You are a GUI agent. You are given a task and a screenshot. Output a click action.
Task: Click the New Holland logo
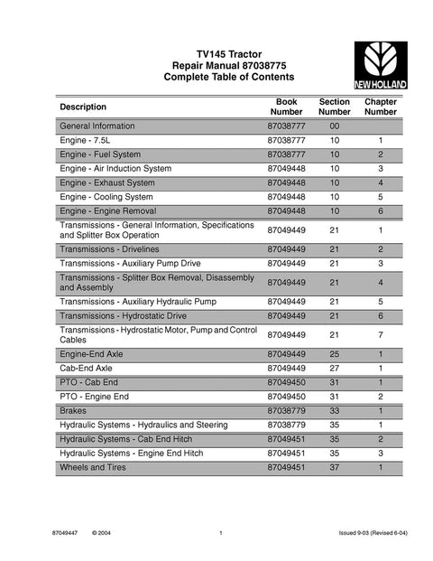point(379,66)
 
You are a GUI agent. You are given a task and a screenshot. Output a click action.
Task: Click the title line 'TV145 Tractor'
point(216,55)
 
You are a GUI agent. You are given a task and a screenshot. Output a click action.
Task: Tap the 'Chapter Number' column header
point(381,107)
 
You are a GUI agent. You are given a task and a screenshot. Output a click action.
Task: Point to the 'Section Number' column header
point(334,107)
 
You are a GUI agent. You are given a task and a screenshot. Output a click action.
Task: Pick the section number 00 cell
point(334,126)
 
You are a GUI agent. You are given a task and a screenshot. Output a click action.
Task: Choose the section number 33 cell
point(334,411)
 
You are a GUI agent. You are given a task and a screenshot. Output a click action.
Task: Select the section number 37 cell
point(334,468)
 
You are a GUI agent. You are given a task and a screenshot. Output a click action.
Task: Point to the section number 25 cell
point(334,355)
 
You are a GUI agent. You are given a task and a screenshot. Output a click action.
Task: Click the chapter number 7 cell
point(381,335)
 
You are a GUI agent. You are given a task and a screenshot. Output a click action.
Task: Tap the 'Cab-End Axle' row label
point(88,369)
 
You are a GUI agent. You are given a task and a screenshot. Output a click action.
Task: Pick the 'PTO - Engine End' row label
point(97,397)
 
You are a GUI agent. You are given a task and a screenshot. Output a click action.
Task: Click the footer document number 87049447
point(69,536)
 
